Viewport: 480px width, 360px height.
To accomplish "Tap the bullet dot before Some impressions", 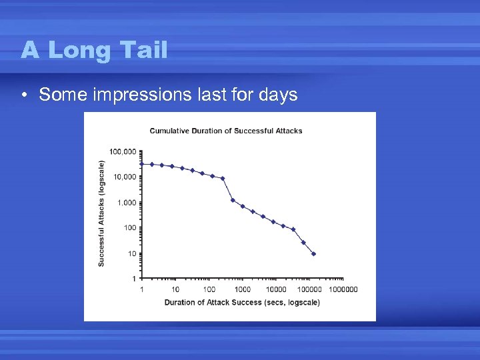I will coord(24,95).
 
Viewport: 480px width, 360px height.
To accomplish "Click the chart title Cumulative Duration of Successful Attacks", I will coord(225,131).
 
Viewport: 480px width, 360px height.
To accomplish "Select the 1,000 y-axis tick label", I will coord(125,202).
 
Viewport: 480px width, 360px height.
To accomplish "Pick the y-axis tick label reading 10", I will coord(131,253).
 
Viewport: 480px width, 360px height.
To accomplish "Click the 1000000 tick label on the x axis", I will coord(343,289).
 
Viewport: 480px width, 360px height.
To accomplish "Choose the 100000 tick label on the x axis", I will coord(309,289).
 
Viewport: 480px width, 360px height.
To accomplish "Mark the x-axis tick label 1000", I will coord(243,289).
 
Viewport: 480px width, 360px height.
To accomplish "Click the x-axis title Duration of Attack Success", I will coord(242,303).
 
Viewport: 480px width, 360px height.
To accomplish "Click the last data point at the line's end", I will coord(313,254).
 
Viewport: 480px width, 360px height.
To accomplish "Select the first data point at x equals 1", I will coord(142,163).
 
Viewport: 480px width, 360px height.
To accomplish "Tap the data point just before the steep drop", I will coord(223,178).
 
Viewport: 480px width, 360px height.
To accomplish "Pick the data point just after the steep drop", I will coord(233,200).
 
